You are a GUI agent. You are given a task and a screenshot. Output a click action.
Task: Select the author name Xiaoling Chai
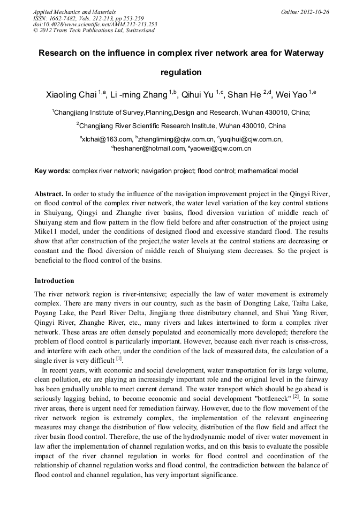[x=72, y=95]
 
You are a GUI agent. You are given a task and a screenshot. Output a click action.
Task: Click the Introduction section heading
[x=54, y=281]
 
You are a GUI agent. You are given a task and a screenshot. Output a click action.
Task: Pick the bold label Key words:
[x=52, y=171]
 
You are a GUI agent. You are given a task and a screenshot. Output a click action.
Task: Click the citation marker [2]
[x=295, y=396]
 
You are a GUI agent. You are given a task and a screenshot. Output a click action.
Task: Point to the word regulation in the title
[x=181, y=72]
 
